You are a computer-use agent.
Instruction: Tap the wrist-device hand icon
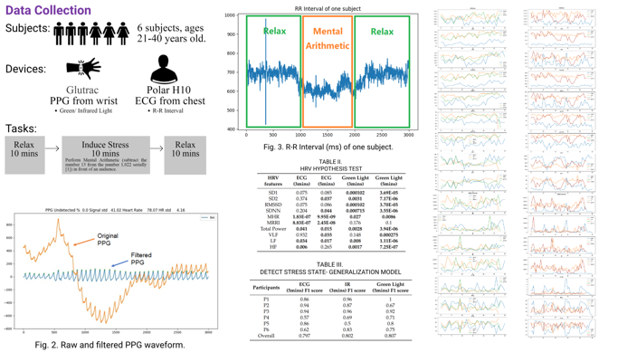pos(84,68)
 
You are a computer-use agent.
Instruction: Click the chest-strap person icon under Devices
pos(164,68)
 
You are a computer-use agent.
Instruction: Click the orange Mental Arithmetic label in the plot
pos(327,38)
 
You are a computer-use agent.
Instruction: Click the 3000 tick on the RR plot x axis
pos(408,134)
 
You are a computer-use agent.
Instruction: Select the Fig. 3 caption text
pos(328,147)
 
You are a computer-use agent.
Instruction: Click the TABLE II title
pos(329,162)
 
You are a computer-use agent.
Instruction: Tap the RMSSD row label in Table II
pos(274,205)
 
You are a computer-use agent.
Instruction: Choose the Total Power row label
pos(273,229)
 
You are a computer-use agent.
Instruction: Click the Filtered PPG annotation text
pos(140,259)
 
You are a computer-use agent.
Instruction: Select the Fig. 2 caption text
pos(110,345)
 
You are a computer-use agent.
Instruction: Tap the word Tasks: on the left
pos(23,129)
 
